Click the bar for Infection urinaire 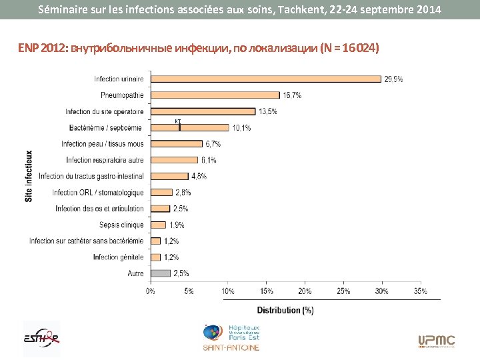266,79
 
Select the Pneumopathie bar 215,95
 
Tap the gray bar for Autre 161,273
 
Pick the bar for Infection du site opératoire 203,111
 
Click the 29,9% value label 393,79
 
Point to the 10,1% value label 241,127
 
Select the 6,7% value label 213,143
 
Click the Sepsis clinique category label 121,225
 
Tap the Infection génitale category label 118,257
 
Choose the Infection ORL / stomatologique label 98,193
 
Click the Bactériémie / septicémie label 105,127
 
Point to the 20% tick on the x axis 305,291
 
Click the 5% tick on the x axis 189,291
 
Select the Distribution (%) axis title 285,310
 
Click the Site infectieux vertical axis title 29,176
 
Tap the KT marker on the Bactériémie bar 179,124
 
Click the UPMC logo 436,341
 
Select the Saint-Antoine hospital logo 231,338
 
